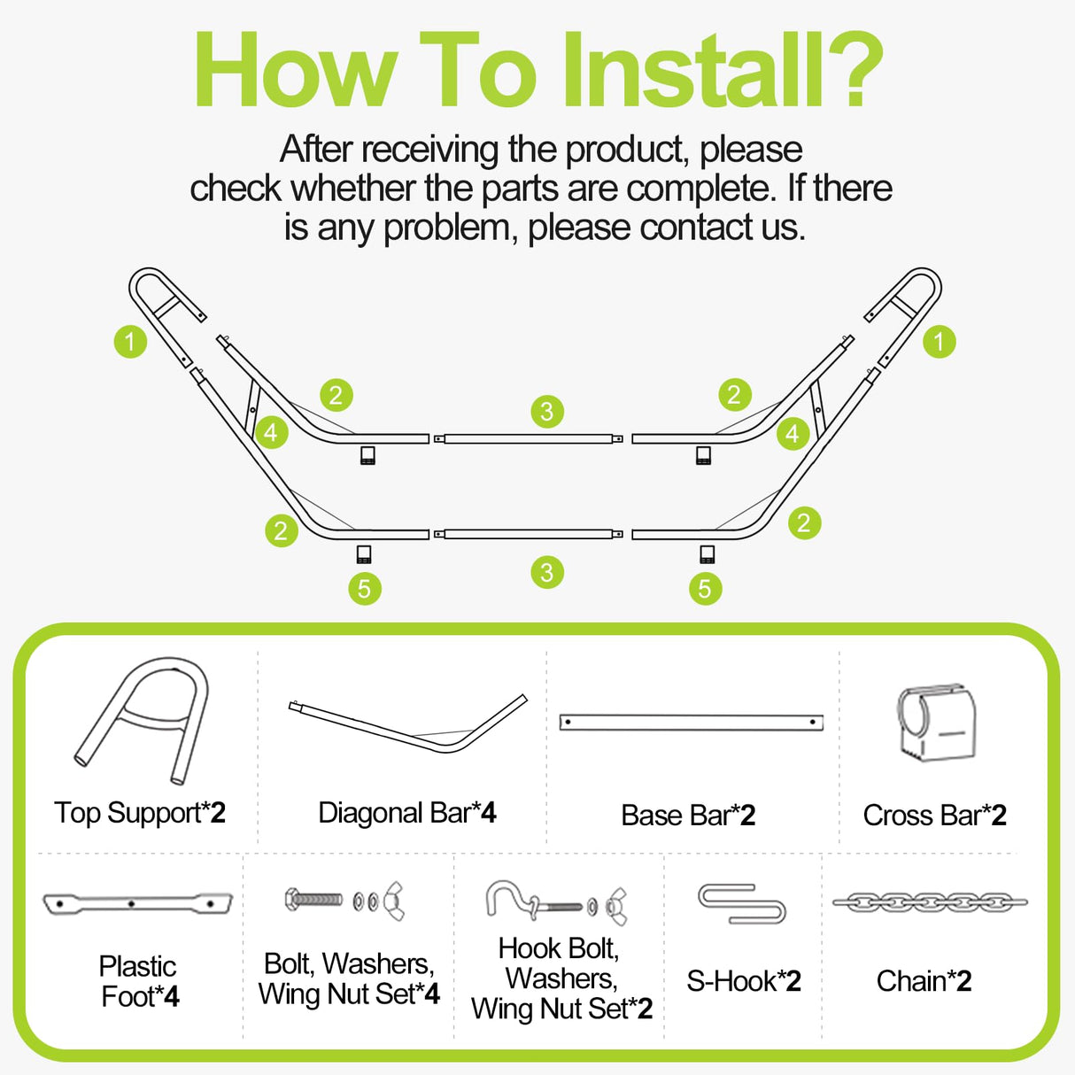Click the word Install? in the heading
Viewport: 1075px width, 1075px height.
(722, 71)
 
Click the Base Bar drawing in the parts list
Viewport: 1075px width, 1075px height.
(691, 723)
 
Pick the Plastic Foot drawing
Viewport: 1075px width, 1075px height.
(137, 904)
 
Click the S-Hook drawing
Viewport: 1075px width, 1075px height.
(742, 903)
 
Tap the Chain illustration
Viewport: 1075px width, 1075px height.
(929, 902)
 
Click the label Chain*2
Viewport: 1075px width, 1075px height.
(924, 981)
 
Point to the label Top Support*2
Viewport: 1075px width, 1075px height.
(140, 813)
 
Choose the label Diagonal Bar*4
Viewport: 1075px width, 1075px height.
(406, 813)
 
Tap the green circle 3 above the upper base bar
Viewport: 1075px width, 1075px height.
(547, 411)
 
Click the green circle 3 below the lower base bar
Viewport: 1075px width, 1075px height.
(547, 572)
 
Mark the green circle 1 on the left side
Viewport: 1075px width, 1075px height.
(130, 341)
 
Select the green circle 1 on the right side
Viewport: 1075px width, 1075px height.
(939, 341)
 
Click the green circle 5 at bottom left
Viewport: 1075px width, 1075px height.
(364, 589)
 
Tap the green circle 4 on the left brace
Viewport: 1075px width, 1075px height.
(271, 432)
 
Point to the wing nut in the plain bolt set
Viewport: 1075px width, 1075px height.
(394, 901)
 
